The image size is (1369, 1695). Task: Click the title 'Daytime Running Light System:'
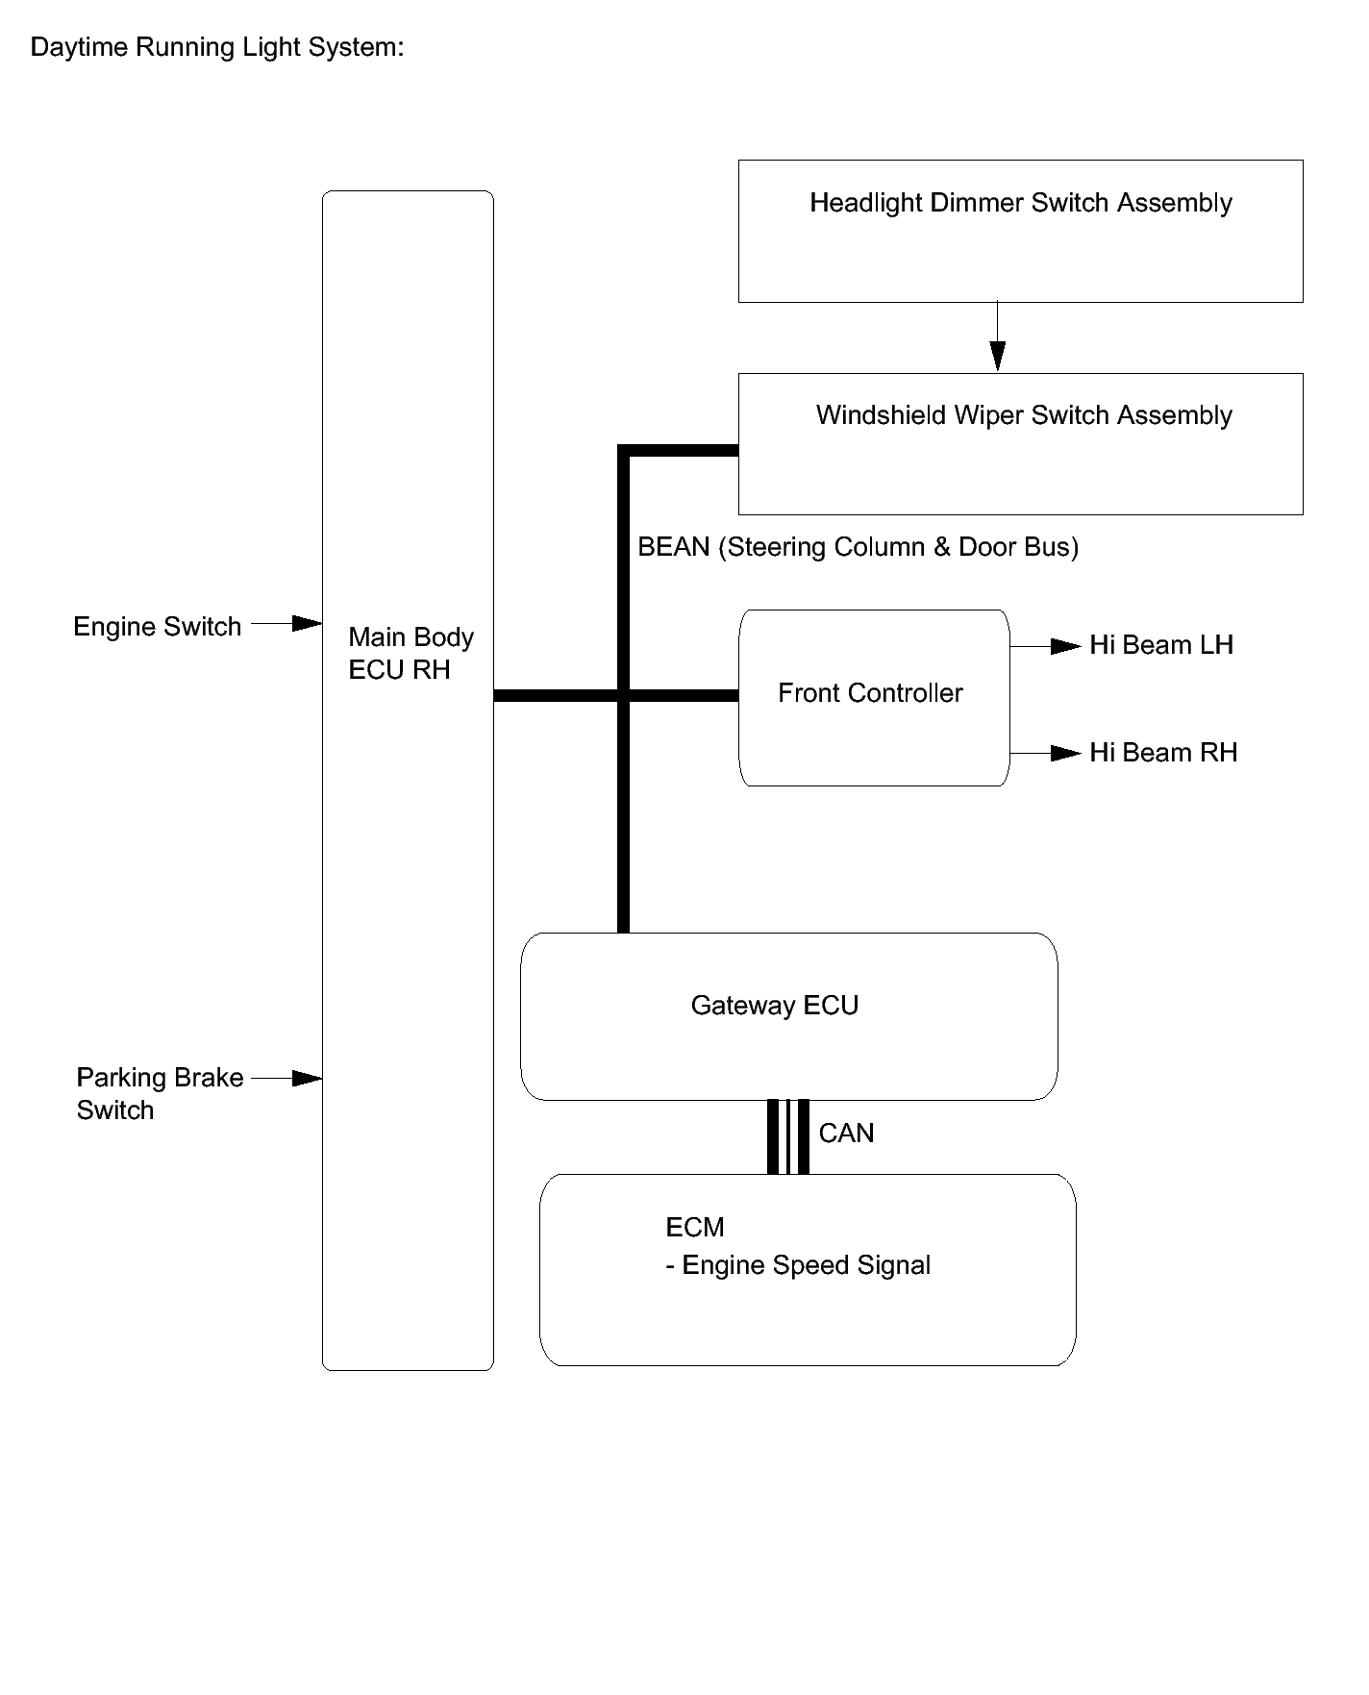[x=217, y=47]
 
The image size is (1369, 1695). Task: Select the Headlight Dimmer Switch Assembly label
[x=1020, y=203]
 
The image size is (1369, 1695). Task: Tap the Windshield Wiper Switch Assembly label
[x=1024, y=415]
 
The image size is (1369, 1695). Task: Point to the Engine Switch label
[x=157, y=627]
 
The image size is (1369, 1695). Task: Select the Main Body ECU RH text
[x=411, y=654]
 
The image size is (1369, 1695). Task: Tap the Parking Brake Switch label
[x=160, y=1093]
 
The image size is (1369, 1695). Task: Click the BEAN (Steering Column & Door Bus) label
[x=858, y=547]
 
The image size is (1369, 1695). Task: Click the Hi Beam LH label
[x=1160, y=645]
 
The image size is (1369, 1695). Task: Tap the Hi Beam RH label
[x=1162, y=753]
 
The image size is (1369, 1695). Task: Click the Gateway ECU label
[x=774, y=1006]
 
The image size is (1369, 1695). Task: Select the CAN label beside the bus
[x=846, y=1134]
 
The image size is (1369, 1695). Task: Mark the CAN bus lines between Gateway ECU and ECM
[x=788, y=1136]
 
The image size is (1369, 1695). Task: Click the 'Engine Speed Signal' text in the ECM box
[x=806, y=1266]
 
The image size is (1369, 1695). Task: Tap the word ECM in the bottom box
[x=694, y=1228]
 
